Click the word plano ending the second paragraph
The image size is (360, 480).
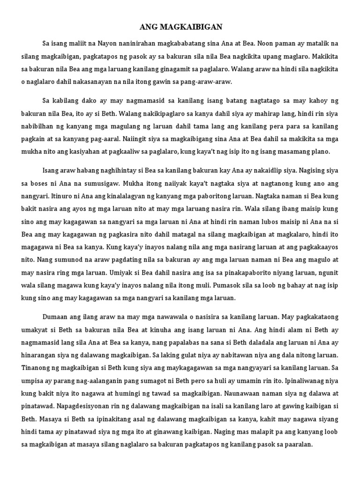[x=321, y=151]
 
